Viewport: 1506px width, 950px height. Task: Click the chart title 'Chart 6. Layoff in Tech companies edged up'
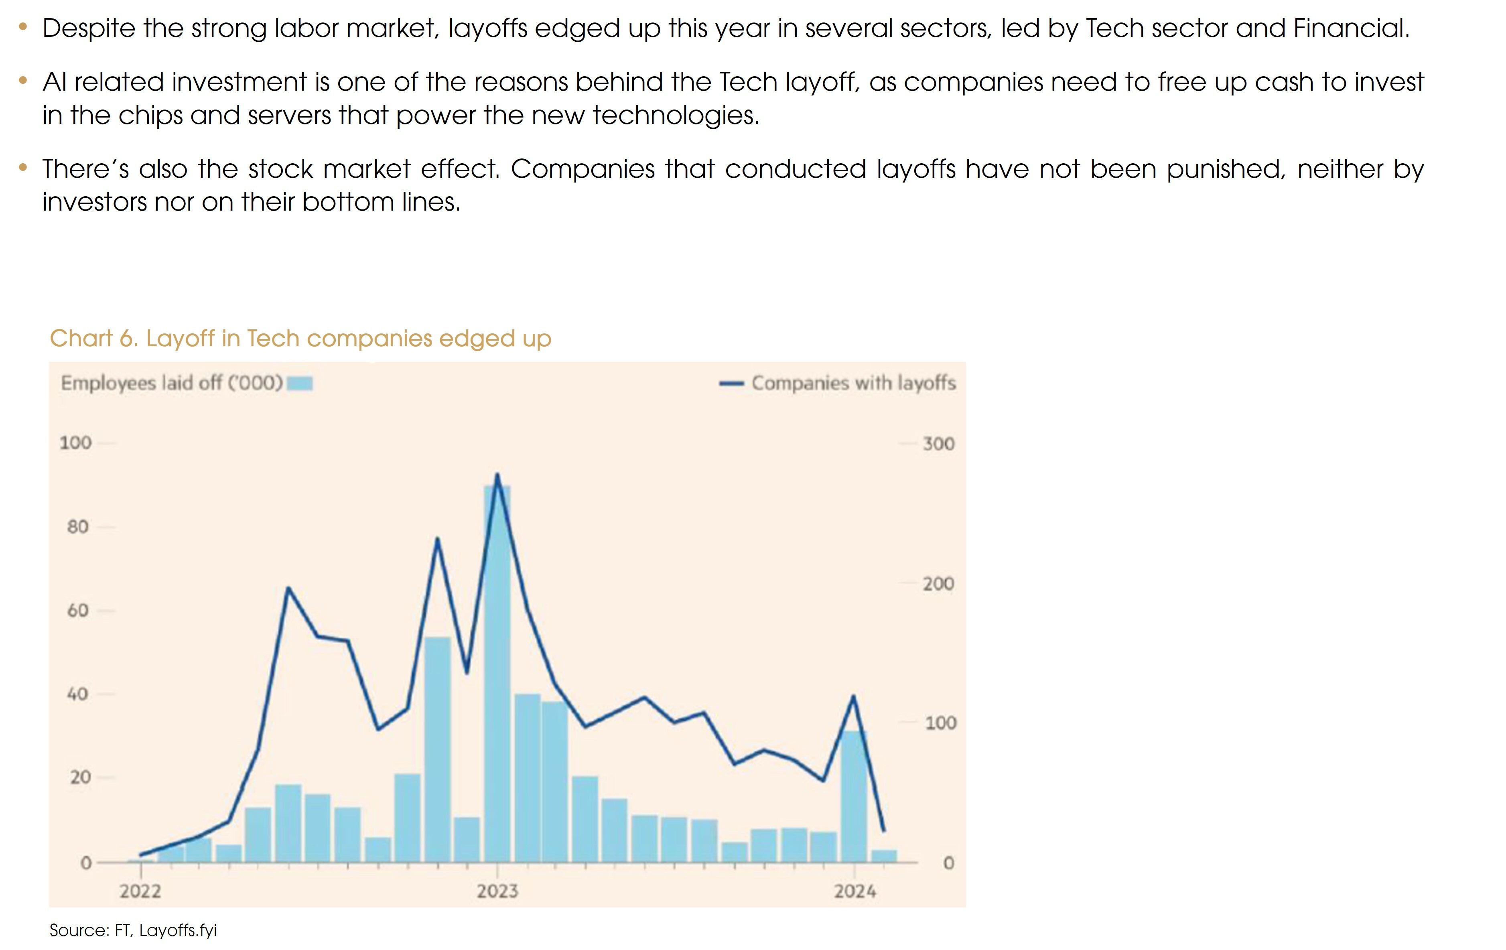point(300,338)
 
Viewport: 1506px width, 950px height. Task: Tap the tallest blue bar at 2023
point(497,672)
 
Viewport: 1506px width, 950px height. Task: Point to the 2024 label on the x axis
point(854,891)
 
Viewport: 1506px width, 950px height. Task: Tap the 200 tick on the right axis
point(938,583)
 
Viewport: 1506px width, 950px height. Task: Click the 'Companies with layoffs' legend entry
point(853,383)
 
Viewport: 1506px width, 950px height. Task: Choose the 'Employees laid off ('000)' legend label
point(172,383)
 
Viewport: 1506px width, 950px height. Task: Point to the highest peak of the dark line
point(497,475)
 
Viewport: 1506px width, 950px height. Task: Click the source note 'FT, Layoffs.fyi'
point(165,930)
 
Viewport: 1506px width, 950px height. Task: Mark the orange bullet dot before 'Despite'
point(23,27)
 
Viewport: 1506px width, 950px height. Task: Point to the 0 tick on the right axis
point(948,863)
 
